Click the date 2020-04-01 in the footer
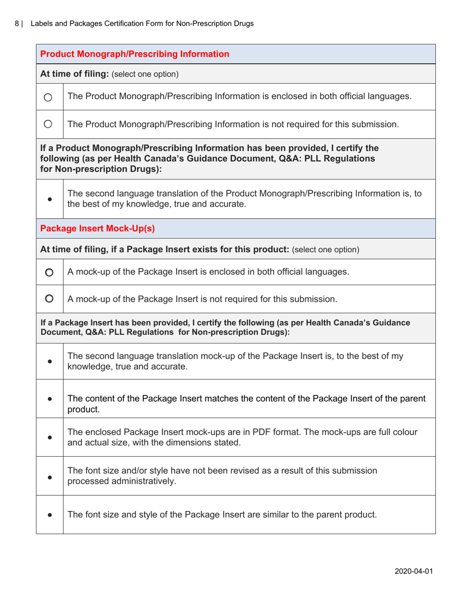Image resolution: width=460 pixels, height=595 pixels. (413, 570)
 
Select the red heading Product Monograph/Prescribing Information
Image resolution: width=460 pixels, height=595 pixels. (135, 54)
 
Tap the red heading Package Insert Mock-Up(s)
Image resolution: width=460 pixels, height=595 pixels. (97, 228)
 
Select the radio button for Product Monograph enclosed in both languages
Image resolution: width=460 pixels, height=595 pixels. (50, 97)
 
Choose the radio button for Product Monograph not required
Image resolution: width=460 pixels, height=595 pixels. (50, 124)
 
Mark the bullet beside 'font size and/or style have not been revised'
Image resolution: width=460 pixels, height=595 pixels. (50, 476)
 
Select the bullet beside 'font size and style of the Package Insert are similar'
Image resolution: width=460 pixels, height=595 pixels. (50, 515)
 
